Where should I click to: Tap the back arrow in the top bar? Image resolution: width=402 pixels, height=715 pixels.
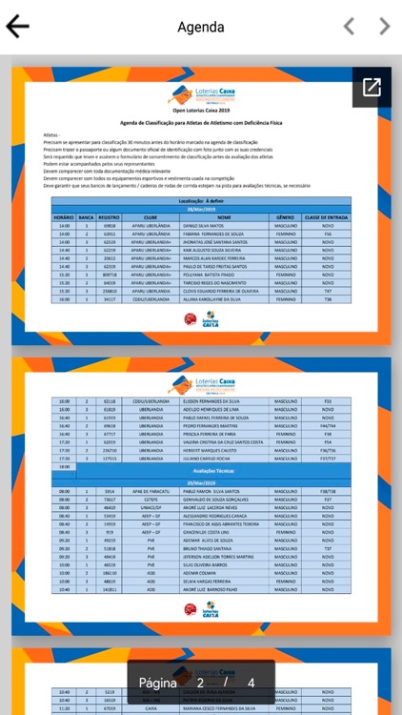18,27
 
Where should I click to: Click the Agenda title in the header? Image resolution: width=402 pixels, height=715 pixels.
201,27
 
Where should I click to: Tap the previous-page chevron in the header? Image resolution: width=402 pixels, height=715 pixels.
349,27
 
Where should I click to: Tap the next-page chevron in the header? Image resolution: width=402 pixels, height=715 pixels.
384,27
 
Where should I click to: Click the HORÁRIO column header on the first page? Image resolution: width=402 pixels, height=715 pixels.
63,217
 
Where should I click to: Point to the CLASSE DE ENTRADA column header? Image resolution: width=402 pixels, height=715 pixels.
327,217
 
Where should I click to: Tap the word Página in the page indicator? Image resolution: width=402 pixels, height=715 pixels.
158,683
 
